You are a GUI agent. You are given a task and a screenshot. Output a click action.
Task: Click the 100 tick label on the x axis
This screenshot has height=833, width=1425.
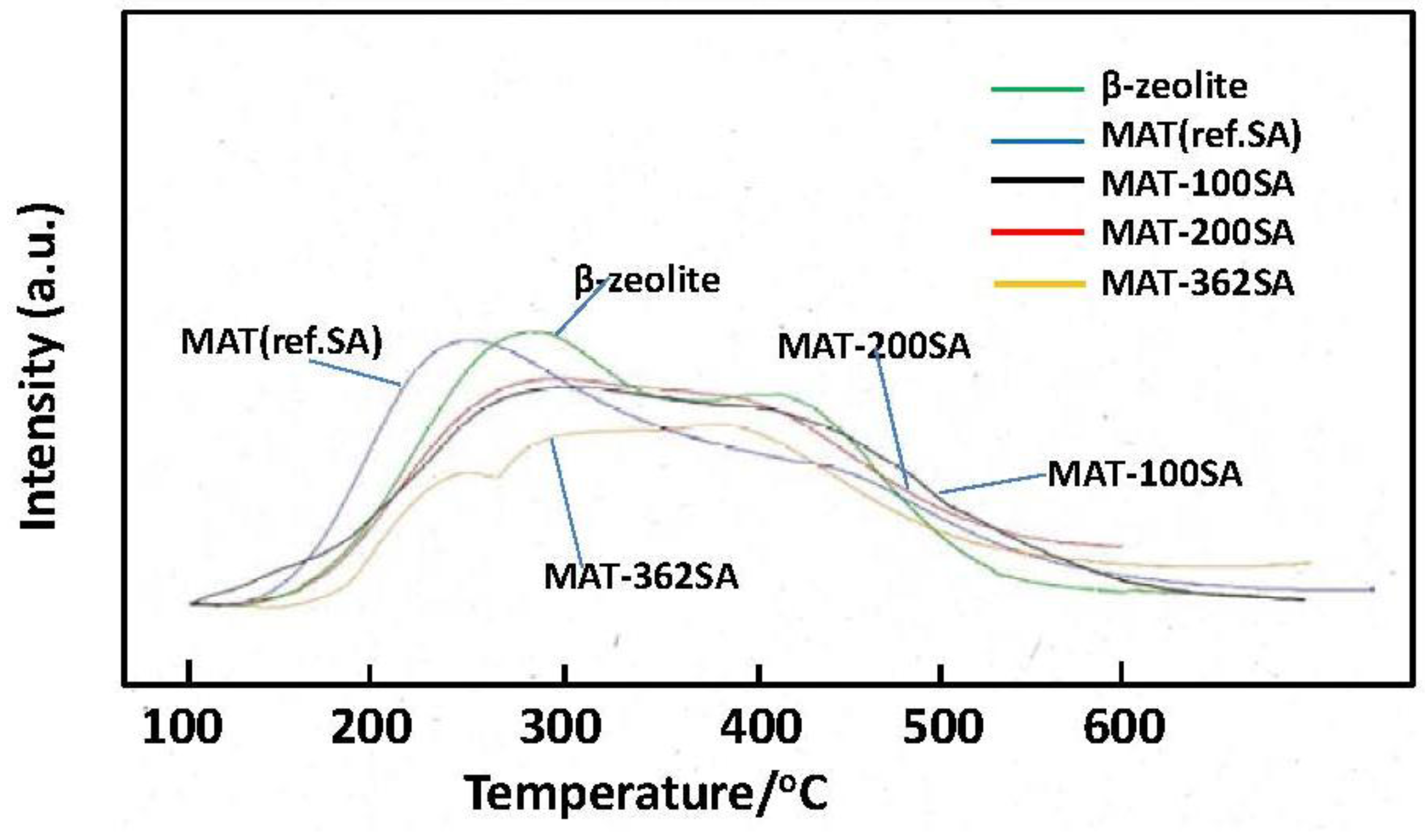(182, 727)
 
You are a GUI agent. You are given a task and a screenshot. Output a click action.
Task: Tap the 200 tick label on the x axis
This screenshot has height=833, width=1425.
(370, 727)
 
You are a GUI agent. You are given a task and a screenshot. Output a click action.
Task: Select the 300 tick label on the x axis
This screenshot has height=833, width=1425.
(560, 727)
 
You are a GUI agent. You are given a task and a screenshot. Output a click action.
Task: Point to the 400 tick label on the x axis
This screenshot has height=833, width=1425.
(760, 727)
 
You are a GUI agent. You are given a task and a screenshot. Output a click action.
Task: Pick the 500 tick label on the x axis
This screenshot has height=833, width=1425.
(943, 727)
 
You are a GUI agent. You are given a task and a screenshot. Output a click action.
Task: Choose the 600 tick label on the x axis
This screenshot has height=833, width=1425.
(1124, 727)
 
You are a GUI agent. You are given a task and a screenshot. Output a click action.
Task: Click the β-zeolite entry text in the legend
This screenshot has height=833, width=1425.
(1174, 87)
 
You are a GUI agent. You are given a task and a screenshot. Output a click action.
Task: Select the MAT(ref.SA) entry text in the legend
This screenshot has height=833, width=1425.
(1201, 136)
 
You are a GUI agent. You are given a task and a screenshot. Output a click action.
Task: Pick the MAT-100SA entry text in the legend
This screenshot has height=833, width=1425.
(1197, 184)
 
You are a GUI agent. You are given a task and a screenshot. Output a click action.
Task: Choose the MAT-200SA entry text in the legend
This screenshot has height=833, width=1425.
(1197, 233)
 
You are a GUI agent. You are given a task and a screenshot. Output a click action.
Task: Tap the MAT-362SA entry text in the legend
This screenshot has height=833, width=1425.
(1197, 284)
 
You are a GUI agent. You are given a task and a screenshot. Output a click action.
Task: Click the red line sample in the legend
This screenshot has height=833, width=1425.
(1038, 232)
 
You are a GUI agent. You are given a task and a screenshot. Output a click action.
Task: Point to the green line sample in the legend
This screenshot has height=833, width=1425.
(1038, 89)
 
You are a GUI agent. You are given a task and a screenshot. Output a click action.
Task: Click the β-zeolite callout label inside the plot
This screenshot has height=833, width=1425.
(647, 280)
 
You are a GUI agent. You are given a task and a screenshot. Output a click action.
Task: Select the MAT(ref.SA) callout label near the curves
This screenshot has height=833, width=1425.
(282, 341)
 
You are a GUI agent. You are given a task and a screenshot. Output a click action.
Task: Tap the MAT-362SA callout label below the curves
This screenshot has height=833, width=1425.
(641, 577)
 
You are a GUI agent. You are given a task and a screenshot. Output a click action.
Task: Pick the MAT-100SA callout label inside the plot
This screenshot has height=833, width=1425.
(1145, 474)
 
